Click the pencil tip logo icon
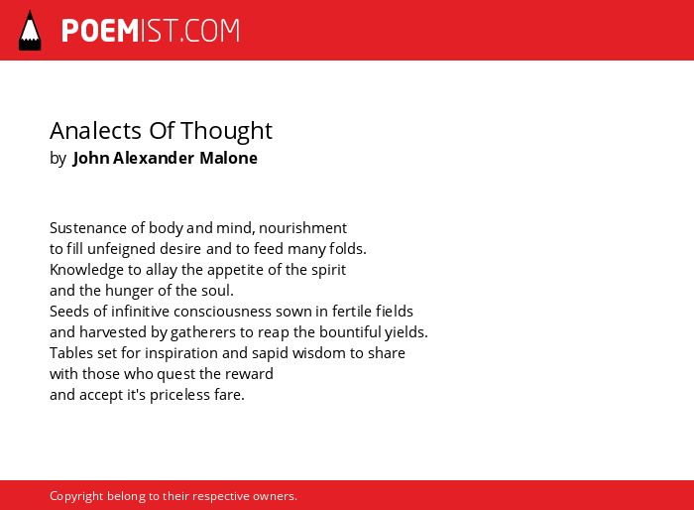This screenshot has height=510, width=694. tap(30, 31)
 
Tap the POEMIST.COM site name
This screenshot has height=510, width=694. tap(151, 31)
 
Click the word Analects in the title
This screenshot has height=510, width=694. tap(95, 131)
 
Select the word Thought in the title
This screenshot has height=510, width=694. tap(226, 131)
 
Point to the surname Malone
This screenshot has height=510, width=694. tap(228, 158)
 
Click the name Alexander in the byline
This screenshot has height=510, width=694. tap(154, 158)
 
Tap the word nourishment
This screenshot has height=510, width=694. tap(302, 228)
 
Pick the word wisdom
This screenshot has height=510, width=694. tap(319, 353)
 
